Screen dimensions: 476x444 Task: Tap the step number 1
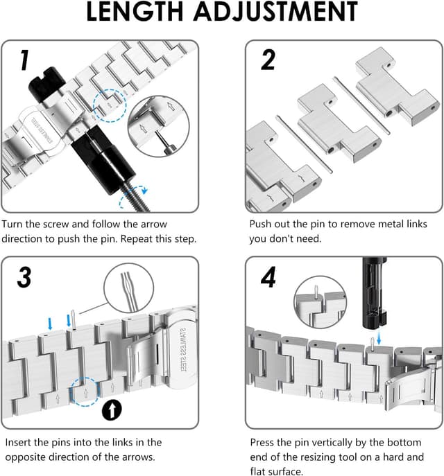pos(23,61)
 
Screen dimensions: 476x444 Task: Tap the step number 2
pos(268,61)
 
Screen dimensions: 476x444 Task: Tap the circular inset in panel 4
pos(319,303)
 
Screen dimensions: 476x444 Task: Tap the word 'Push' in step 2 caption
pos(263,224)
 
